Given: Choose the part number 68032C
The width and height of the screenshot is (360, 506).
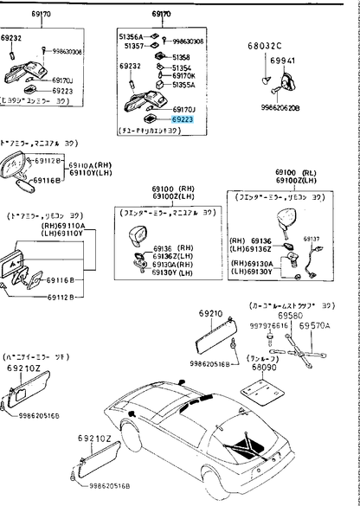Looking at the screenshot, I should point(264,44).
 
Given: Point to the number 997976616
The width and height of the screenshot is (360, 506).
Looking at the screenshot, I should point(267,326).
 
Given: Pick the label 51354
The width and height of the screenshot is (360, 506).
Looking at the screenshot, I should point(182,67).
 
